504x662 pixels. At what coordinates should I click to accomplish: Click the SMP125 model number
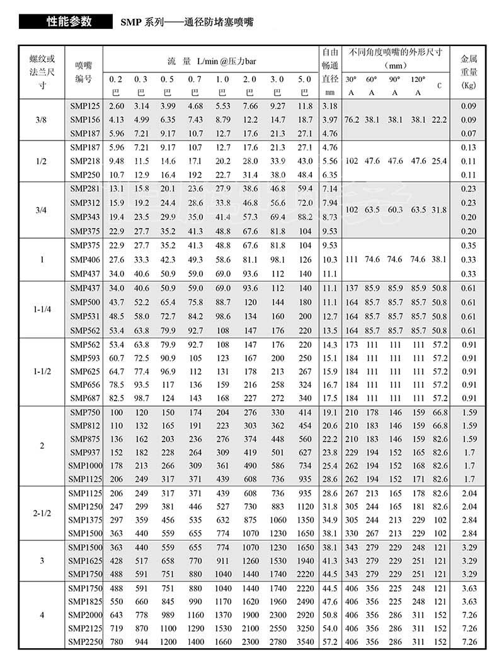point(84,105)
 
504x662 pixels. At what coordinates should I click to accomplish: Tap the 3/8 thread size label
point(42,119)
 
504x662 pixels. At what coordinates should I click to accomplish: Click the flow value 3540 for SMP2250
point(305,642)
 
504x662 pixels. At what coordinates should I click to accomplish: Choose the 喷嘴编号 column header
point(84,71)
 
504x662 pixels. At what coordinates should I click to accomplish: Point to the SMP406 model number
point(84,260)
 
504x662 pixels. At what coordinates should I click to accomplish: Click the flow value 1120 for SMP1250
point(305,506)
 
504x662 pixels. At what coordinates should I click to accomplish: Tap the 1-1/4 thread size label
point(42,309)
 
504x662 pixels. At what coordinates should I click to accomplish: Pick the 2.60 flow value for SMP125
point(116,105)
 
